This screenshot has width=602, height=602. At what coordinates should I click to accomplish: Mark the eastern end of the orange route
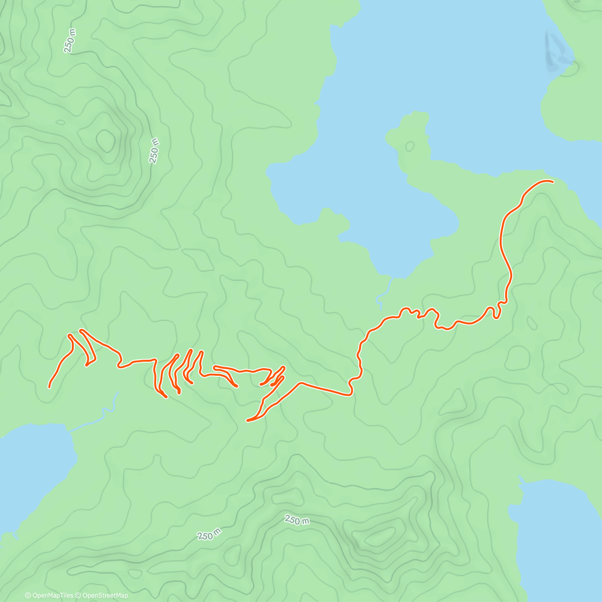553,182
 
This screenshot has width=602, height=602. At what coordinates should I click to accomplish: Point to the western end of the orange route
49,387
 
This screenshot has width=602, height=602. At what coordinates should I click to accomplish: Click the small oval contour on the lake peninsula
410,146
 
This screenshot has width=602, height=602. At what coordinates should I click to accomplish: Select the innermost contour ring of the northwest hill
106,140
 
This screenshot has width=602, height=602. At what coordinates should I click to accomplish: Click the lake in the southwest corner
30,477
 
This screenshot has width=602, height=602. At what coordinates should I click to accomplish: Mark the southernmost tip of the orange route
248,420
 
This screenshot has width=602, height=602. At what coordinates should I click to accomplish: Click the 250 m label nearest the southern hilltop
296,520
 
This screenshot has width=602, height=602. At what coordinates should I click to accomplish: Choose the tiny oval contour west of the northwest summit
60,121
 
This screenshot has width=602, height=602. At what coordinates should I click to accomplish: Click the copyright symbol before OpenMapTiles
28,595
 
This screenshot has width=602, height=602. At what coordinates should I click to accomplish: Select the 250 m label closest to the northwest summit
154,149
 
